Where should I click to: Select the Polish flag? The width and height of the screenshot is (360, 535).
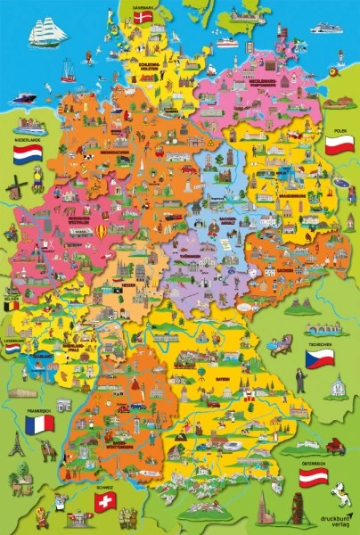(x=340, y=145)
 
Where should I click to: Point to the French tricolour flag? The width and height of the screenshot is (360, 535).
(x=39, y=424)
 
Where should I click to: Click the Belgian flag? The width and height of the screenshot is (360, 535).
(x=12, y=305)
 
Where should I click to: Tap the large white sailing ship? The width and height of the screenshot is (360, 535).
(x=47, y=32)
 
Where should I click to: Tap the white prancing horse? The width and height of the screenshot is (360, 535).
(x=341, y=490)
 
